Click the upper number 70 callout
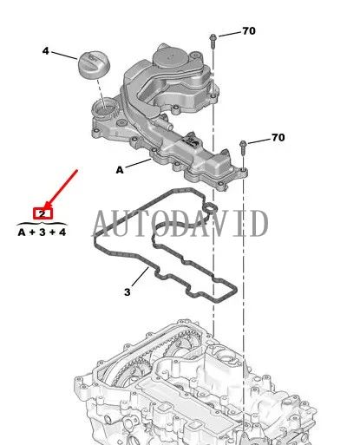tap(249, 31)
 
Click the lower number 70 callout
tap(278, 137)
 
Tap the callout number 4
tap(46, 50)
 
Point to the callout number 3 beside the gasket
tap(127, 292)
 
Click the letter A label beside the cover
tap(119, 170)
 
